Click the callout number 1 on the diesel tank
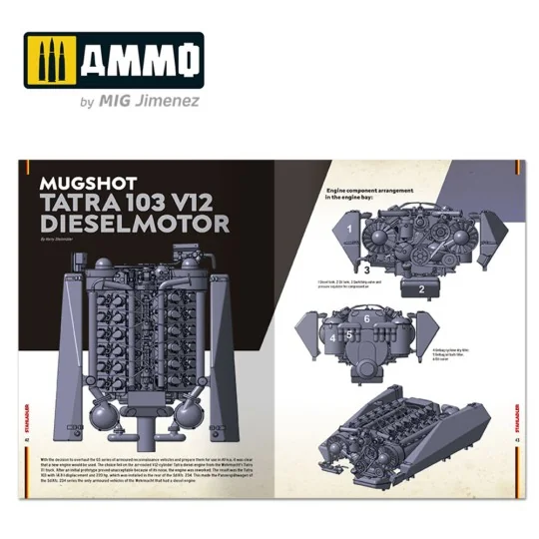[350, 230]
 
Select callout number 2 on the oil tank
[422, 290]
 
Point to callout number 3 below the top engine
[367, 269]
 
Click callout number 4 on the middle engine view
[332, 338]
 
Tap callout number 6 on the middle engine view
[366, 318]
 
